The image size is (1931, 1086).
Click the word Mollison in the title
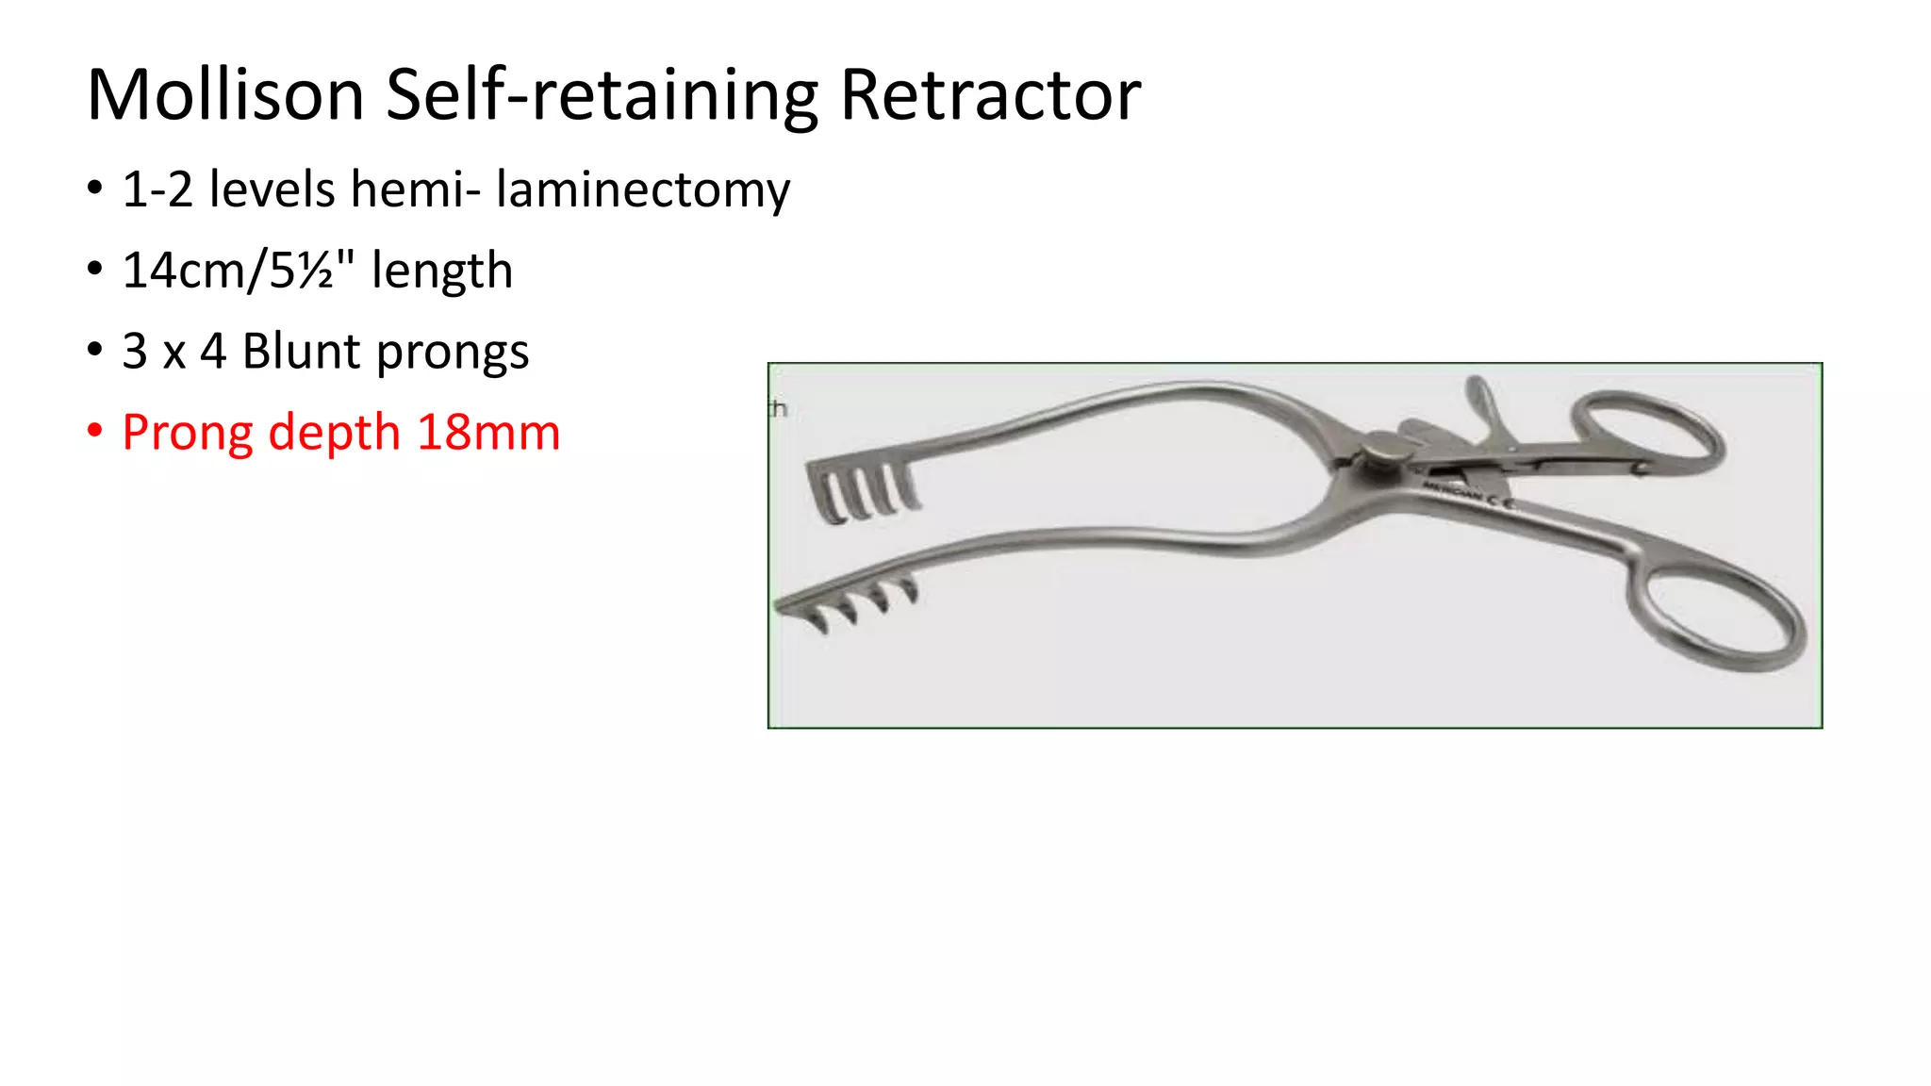(225, 95)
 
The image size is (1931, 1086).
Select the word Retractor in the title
(990, 95)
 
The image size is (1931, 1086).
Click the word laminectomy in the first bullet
(643, 190)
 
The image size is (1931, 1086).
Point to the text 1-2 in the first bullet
(157, 190)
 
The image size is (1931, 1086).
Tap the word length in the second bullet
(442, 271)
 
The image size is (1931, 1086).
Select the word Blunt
(302, 352)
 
